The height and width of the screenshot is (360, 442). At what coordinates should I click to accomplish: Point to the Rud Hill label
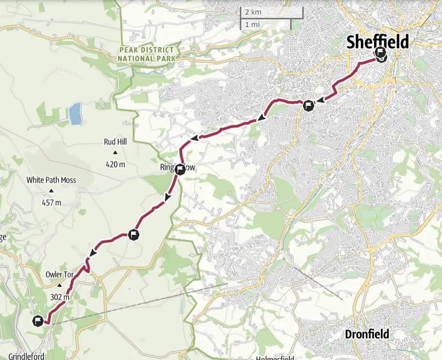(115, 142)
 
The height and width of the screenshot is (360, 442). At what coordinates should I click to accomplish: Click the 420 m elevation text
(115, 164)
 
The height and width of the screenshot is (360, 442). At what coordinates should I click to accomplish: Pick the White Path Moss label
(51, 180)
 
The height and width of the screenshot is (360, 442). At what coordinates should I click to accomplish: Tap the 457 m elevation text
(51, 202)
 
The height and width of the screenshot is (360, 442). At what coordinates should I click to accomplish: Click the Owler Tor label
(59, 274)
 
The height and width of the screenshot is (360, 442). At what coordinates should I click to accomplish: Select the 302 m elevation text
(59, 297)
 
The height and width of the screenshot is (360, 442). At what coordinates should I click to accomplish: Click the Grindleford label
(23, 357)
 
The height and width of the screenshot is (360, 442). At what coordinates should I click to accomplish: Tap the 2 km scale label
(253, 12)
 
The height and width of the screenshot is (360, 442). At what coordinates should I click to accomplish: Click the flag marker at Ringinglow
(180, 169)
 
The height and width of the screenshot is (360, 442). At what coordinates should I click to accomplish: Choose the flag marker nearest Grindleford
(38, 321)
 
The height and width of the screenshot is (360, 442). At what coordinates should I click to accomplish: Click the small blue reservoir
(75, 114)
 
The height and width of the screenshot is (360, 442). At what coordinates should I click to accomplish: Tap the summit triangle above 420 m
(115, 153)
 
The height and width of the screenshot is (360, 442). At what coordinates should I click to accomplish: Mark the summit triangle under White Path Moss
(51, 191)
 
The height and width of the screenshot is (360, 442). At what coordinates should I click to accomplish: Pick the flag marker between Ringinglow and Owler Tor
(134, 235)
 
